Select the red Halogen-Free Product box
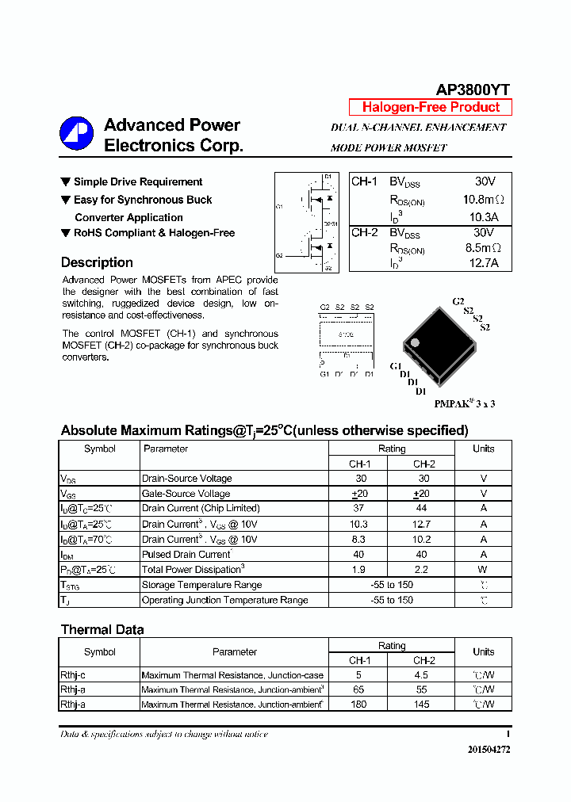click(431, 107)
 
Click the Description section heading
click(97, 262)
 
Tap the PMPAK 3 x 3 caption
click(465, 403)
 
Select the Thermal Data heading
click(102, 629)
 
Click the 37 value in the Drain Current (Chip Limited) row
click(359, 508)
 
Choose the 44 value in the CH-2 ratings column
click(423, 508)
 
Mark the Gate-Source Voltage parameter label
click(186, 493)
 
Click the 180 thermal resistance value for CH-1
click(359, 705)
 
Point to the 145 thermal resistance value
click(421, 705)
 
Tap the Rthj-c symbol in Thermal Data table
click(73, 675)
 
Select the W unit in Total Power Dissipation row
click(483, 569)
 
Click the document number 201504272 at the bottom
click(489, 749)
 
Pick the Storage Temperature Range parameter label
click(201, 585)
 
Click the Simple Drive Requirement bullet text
click(138, 182)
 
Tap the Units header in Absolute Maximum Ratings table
click(483, 449)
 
